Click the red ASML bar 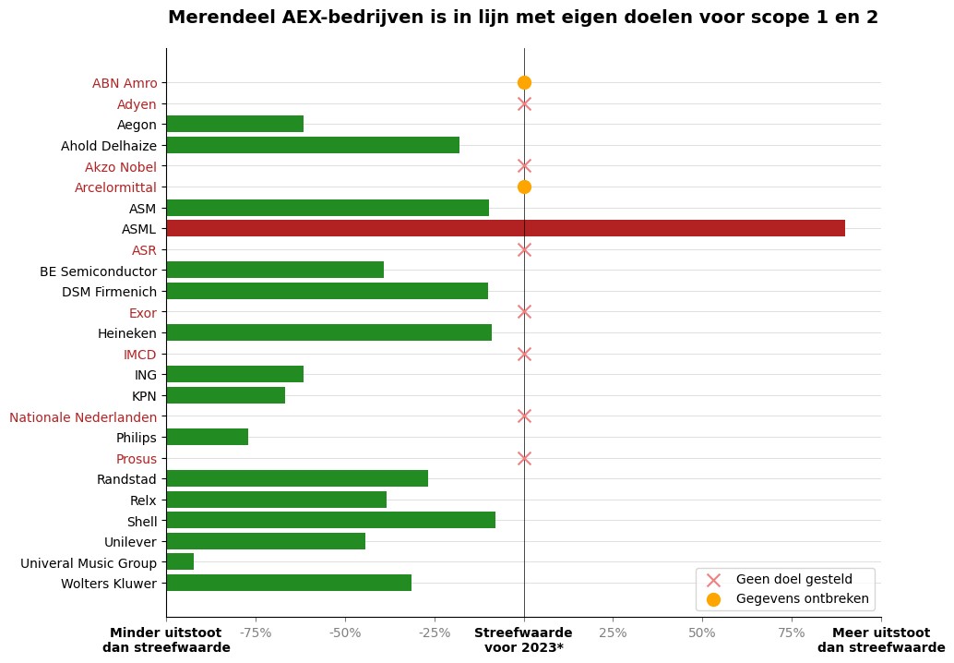click(505, 228)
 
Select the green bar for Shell click(330, 520)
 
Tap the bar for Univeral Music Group click(180, 561)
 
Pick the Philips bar click(208, 437)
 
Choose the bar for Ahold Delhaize click(313, 145)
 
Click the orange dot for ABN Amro click(524, 82)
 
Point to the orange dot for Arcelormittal click(524, 187)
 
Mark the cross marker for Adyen click(524, 103)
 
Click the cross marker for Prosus click(524, 458)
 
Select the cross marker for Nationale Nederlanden click(524, 416)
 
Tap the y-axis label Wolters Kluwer click(109, 584)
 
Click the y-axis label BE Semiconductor click(98, 271)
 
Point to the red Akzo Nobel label click(121, 167)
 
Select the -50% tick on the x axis click(345, 633)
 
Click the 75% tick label click(792, 633)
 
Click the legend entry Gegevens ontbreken click(802, 599)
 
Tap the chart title click(522, 18)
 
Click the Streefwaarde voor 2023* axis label click(523, 640)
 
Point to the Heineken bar click(328, 332)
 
